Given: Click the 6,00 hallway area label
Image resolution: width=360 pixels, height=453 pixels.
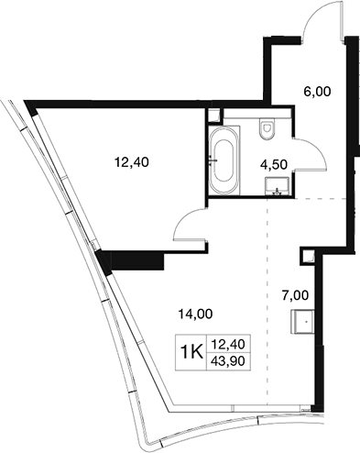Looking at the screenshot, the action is pos(317,92).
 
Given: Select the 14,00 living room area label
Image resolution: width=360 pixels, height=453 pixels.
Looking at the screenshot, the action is pos(195,314).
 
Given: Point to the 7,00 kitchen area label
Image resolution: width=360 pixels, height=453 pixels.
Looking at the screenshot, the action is pos(295,295).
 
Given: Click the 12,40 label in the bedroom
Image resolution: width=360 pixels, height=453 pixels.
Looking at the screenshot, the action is pos(132,162).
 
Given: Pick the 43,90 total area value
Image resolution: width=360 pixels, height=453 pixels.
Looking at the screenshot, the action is pos(229,361).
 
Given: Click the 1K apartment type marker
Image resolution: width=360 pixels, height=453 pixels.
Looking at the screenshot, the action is pos(191,352).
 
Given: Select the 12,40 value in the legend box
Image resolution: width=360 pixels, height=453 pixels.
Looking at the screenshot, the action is pos(229,345).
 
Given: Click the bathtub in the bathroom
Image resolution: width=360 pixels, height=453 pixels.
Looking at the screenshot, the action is pos(224,160).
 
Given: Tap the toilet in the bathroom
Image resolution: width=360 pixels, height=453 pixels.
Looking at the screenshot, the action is pos(267,129).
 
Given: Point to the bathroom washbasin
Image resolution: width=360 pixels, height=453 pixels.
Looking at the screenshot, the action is pos(277,186).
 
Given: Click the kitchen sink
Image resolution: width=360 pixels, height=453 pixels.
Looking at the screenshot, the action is pos(302,322).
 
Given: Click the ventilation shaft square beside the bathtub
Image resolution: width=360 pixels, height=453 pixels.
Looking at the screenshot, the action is pos(213,116).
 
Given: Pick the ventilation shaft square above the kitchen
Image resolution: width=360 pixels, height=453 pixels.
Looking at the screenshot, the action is pos(307,256).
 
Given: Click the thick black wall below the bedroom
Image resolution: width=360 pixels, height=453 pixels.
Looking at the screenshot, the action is pos(136,260).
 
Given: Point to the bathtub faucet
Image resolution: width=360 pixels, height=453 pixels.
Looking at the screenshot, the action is pos(213,160).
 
